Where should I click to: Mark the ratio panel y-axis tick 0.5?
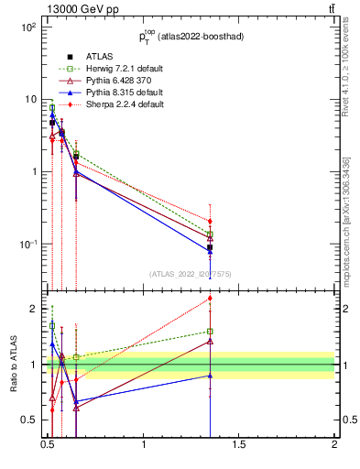(x=29, y=420)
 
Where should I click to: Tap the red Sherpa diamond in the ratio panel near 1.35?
(x=211, y=298)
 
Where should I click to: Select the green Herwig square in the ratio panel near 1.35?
(x=211, y=332)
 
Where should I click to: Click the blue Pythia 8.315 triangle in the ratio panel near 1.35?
(x=211, y=376)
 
